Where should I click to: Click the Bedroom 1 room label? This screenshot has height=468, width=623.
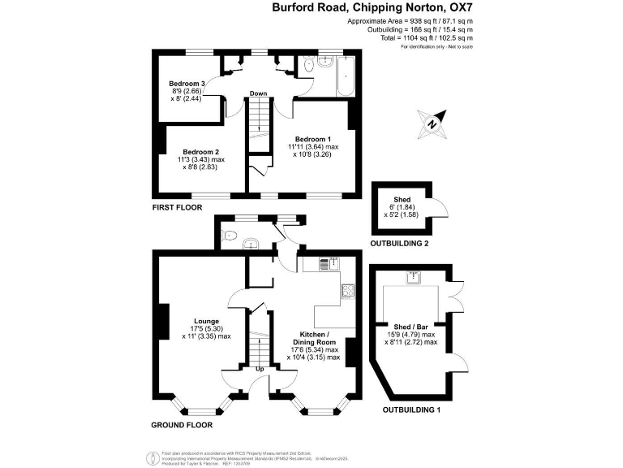click(312, 138)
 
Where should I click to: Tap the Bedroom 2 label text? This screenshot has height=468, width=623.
click(200, 152)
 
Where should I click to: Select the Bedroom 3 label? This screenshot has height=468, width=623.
click(187, 84)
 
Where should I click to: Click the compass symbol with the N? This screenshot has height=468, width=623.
click(433, 124)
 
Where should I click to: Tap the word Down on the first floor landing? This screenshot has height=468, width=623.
click(258, 93)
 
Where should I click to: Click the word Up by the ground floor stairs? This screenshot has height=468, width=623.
click(260, 370)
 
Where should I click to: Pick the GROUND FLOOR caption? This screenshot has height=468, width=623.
click(182, 425)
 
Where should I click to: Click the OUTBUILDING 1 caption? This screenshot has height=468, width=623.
click(411, 409)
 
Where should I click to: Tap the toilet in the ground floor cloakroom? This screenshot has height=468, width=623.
click(231, 238)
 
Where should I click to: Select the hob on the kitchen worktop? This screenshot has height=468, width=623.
click(348, 290)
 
